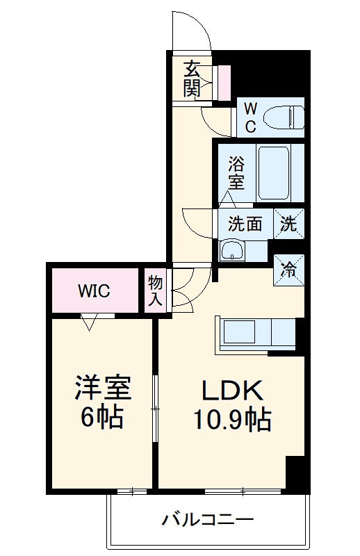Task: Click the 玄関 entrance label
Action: [x=193, y=79]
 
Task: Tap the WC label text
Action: [x=251, y=117]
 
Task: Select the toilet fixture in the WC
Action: [x=286, y=116]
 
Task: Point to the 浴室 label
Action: [x=236, y=173]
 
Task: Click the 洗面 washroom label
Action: [x=245, y=224]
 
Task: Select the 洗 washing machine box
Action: [x=288, y=223]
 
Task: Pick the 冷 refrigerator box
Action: [x=288, y=268]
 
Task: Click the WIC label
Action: [x=94, y=291]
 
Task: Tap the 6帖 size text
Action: [x=103, y=417]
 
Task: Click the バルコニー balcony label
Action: [x=208, y=519]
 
